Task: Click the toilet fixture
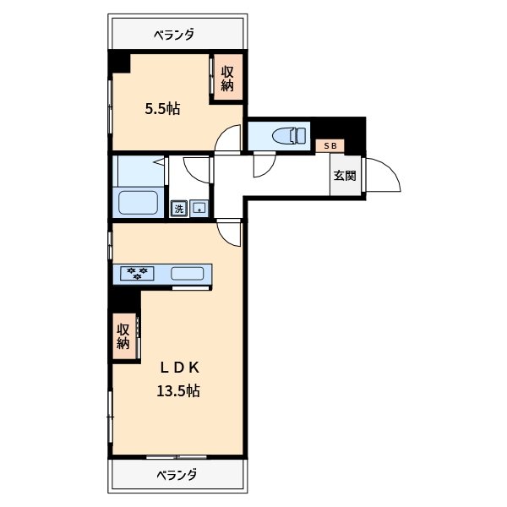pyautogui.click(x=289, y=136)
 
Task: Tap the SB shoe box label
pyautogui.click(x=330, y=146)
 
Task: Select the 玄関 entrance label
pyautogui.click(x=345, y=176)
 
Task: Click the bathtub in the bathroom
pyautogui.click(x=138, y=203)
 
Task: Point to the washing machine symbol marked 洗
pyautogui.click(x=179, y=209)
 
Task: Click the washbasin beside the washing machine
pyautogui.click(x=199, y=208)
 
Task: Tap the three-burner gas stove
pyautogui.click(x=137, y=273)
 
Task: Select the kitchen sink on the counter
pyautogui.click(x=188, y=274)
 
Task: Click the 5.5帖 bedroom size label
pyautogui.click(x=162, y=109)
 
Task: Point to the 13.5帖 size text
pyautogui.click(x=178, y=391)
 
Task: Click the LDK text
pyautogui.click(x=179, y=368)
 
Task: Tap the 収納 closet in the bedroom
pyautogui.click(x=227, y=79)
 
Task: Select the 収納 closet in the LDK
pyautogui.click(x=124, y=336)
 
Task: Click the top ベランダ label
pyautogui.click(x=174, y=35)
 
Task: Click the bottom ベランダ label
pyautogui.click(x=177, y=475)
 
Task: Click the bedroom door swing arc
pyautogui.click(x=224, y=133)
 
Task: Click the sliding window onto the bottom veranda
pyautogui.click(x=177, y=456)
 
